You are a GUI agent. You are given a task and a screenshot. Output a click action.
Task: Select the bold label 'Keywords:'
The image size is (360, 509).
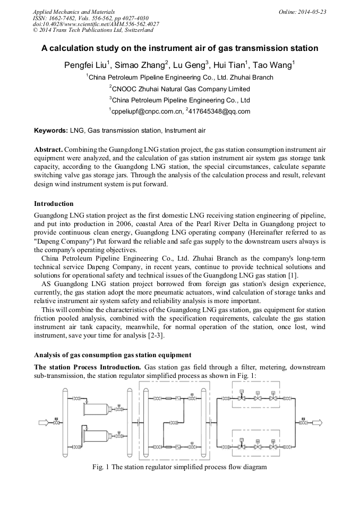(x=51, y=131)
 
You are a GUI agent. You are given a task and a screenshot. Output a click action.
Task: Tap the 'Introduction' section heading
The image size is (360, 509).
(x=54, y=204)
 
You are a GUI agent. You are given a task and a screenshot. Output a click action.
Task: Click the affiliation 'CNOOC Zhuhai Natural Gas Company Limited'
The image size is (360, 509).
(x=179, y=89)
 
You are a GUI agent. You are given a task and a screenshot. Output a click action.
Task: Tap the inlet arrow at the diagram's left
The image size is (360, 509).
(x=44, y=422)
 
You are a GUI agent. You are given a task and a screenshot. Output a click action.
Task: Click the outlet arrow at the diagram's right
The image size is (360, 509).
(x=316, y=422)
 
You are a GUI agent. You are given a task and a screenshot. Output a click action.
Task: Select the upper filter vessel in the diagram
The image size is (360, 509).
(x=96, y=409)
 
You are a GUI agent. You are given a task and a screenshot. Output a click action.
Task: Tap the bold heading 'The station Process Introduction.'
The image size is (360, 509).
(x=87, y=367)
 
